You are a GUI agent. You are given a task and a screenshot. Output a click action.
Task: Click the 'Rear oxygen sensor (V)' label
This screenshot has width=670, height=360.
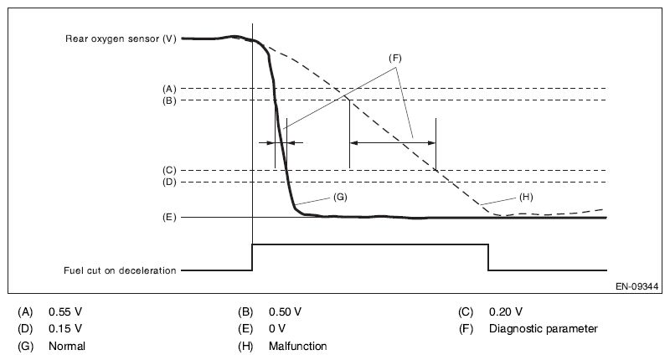tap(121, 39)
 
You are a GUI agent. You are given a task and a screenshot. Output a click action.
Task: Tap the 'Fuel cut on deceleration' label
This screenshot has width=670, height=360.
tap(120, 270)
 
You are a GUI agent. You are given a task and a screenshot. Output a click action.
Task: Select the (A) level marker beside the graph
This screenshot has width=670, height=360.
tap(169, 89)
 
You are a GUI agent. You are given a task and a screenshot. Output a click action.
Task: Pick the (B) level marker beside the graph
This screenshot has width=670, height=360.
tap(169, 100)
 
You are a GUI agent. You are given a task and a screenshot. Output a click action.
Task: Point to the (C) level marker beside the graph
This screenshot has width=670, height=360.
tap(169, 171)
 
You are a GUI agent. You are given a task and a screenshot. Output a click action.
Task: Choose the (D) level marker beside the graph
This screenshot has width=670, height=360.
tap(169, 183)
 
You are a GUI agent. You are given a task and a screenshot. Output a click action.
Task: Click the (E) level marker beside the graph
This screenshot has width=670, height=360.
tap(169, 218)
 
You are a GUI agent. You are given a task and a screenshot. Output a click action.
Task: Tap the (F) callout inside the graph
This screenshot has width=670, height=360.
tap(395, 58)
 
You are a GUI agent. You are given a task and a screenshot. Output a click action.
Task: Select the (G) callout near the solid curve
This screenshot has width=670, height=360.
tap(340, 197)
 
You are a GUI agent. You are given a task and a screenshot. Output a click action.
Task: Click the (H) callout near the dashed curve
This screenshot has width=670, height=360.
tap(526, 197)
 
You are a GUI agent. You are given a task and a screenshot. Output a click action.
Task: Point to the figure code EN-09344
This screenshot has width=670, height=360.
tap(636, 286)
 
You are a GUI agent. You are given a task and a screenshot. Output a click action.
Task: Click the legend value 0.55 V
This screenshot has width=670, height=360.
tap(65, 311)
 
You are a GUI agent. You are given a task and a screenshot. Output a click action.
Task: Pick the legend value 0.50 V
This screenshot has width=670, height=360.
tap(285, 311)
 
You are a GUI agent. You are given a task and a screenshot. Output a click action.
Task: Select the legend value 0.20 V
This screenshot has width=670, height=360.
tap(506, 311)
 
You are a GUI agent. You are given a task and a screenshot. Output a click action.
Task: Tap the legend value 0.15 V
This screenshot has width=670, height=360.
tap(65, 328)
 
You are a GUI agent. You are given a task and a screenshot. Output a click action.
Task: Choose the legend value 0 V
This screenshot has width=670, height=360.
tap(277, 328)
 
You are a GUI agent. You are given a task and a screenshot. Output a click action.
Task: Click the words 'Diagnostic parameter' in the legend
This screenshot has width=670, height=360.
tap(543, 328)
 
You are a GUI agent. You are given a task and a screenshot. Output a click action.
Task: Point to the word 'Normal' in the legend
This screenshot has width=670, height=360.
tap(67, 346)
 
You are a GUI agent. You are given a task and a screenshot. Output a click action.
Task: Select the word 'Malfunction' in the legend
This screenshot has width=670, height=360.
tap(298, 346)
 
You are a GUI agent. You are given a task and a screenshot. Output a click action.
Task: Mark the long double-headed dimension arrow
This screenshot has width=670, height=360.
tap(393, 143)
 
